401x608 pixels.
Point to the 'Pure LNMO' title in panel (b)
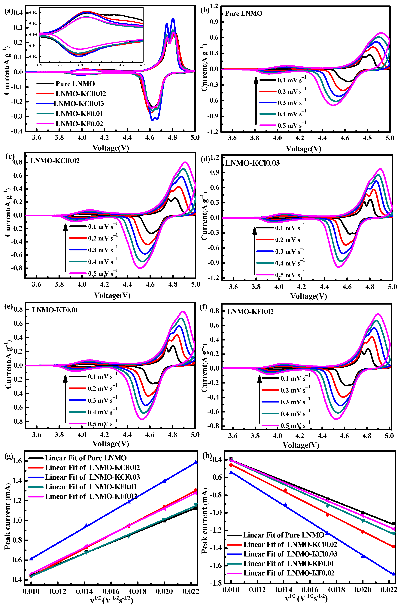243,13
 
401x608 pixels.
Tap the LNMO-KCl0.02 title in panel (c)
55,161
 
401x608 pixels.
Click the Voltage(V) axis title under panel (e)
111,444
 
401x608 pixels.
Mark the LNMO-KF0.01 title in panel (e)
55,310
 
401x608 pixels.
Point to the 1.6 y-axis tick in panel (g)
17,461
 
